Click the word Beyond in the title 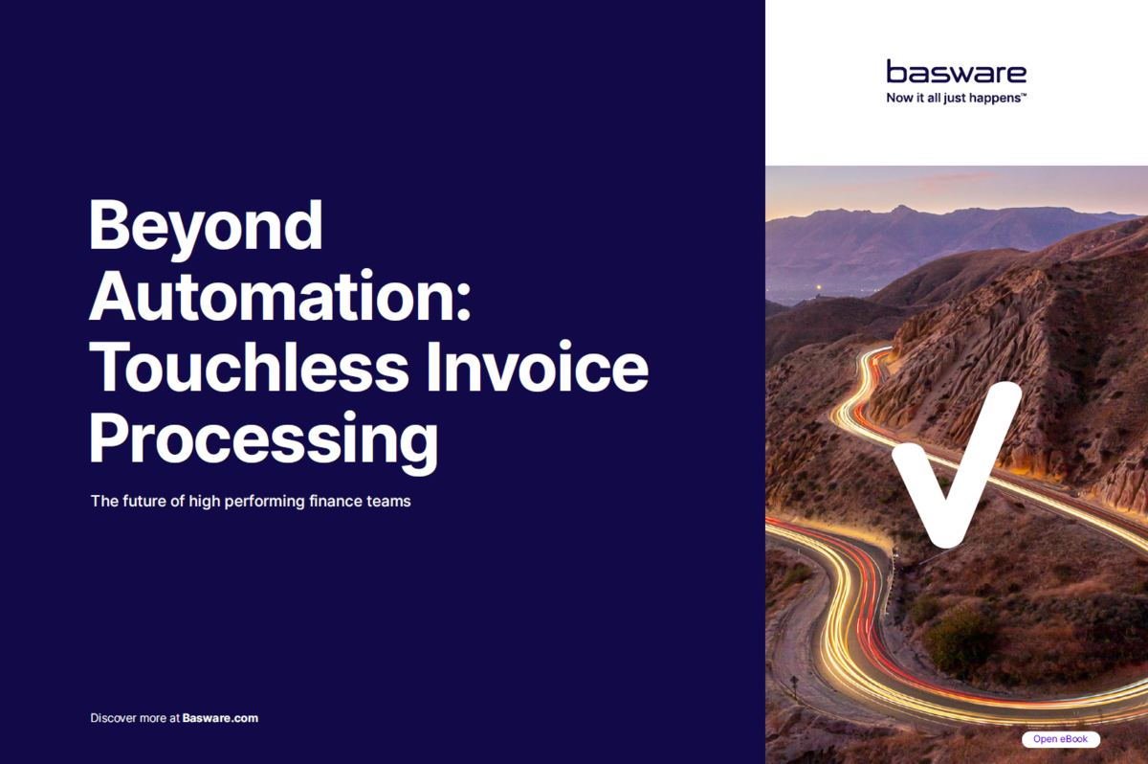206,226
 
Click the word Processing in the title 263,440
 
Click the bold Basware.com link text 220,718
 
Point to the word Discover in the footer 114,718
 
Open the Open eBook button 1060,739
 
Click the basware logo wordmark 956,72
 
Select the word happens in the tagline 994,97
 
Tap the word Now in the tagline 900,97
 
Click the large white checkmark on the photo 952,469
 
